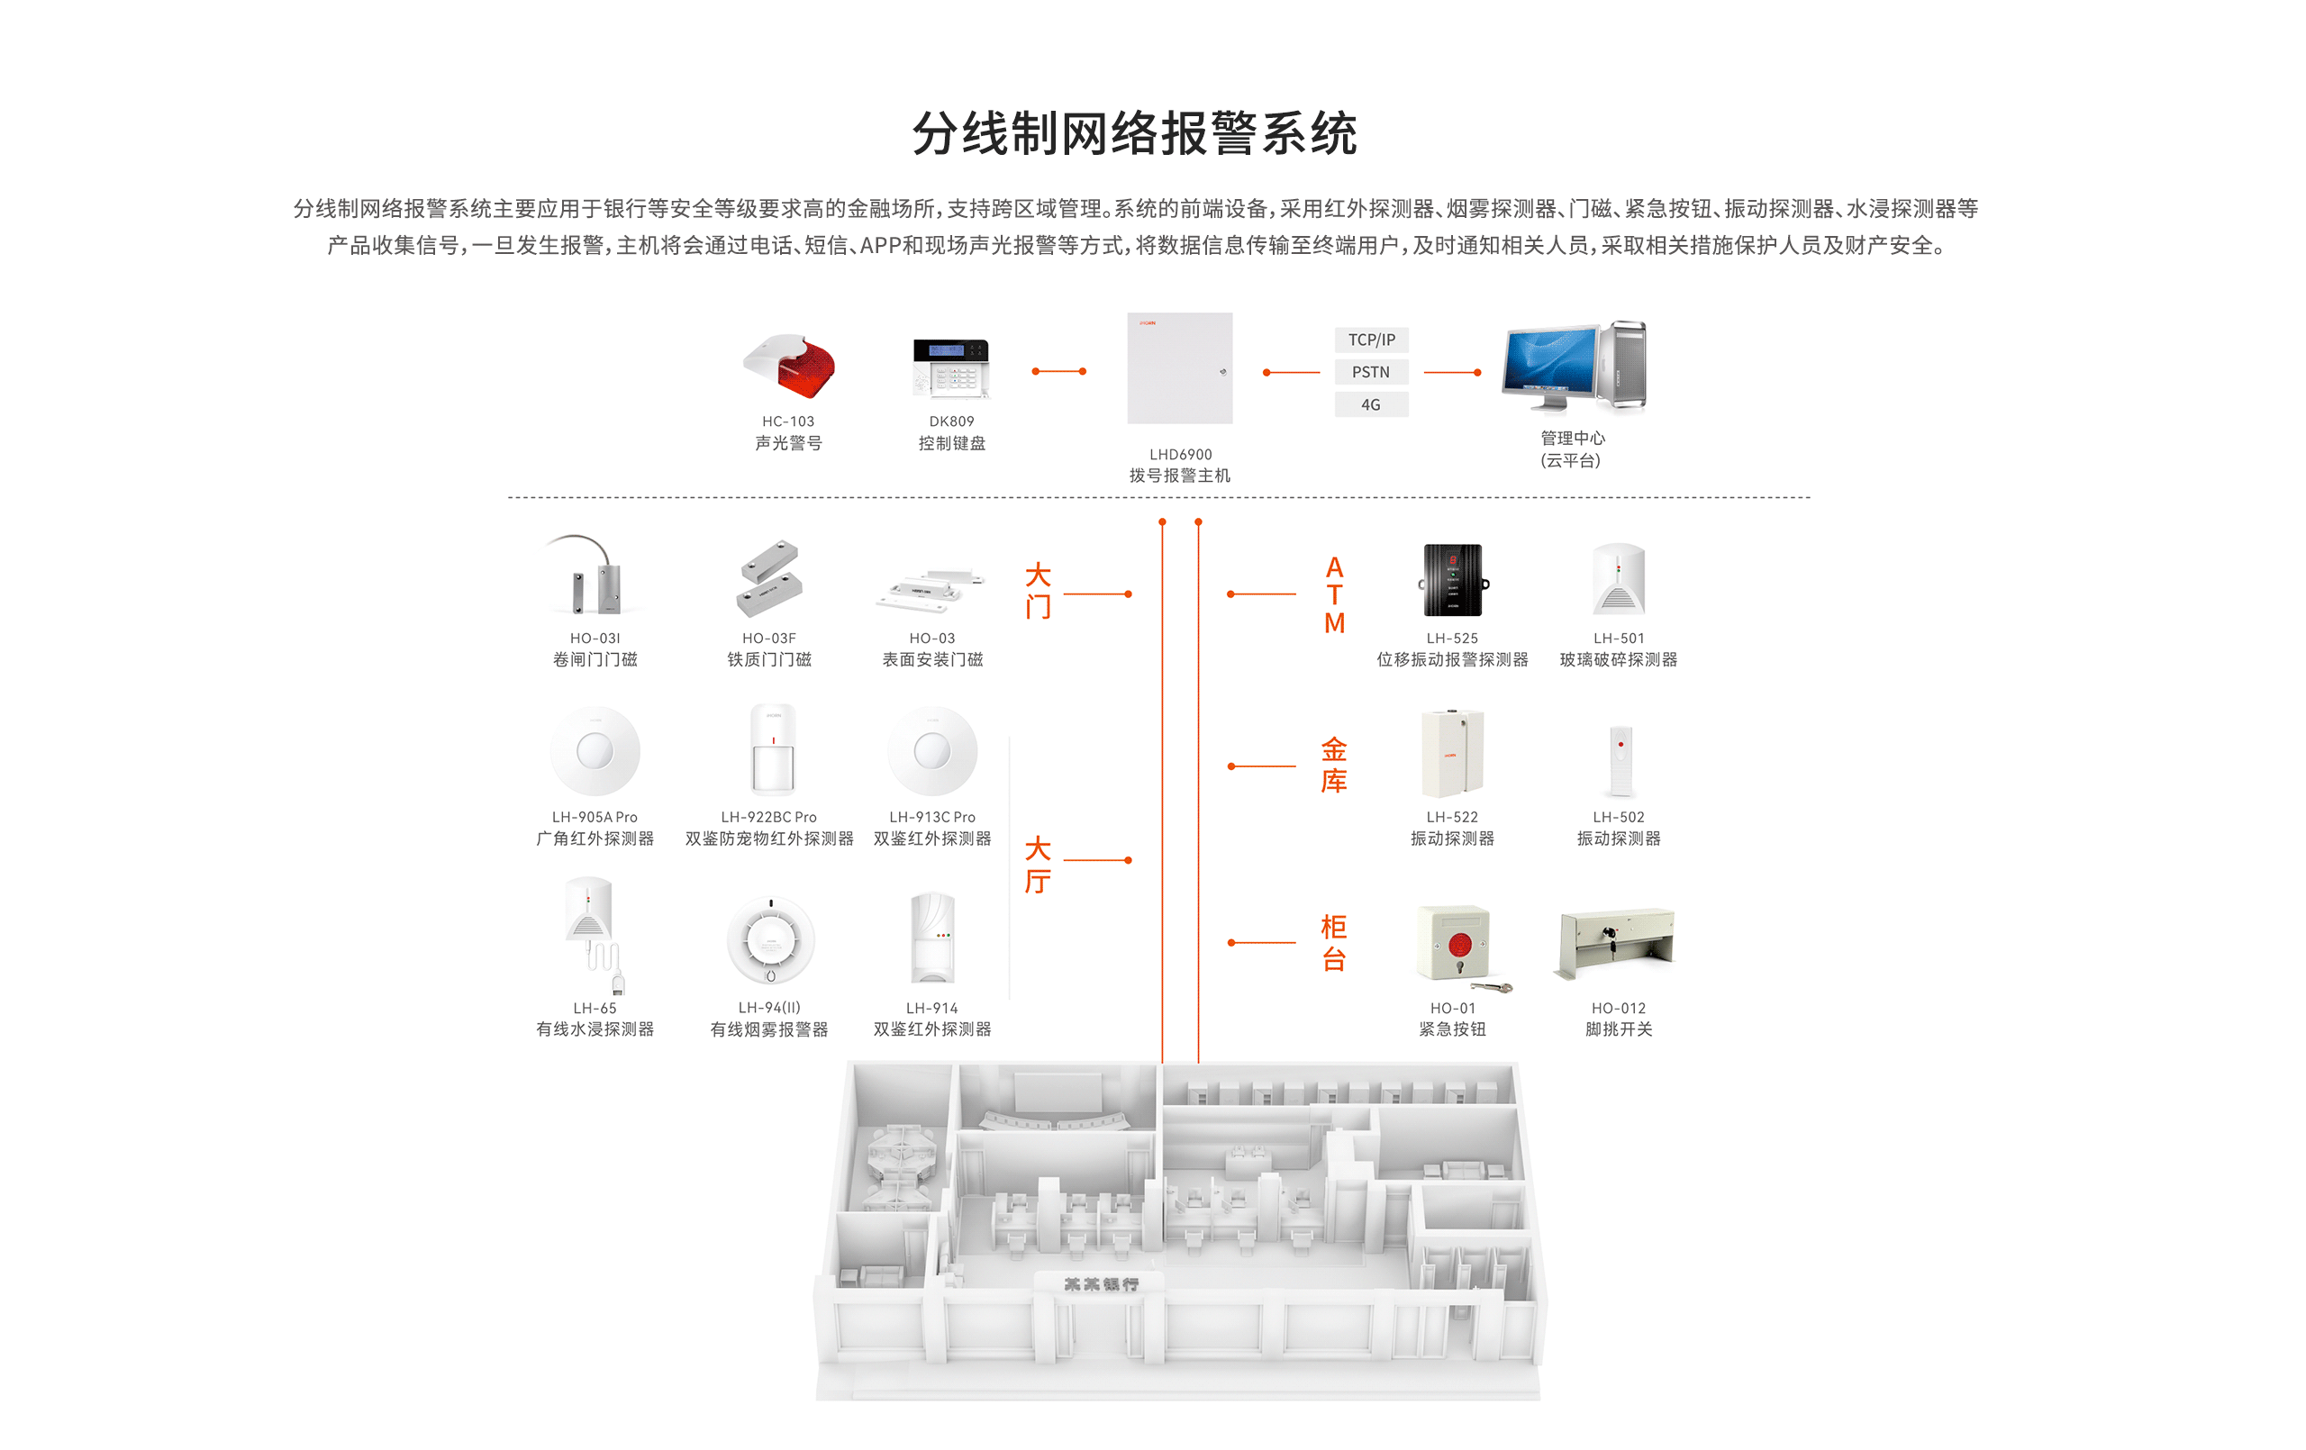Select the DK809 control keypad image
click(x=950, y=367)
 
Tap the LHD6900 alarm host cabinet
click(x=1179, y=368)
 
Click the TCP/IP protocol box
click(x=1371, y=340)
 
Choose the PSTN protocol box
click(x=1371, y=373)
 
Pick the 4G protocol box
click(x=1371, y=405)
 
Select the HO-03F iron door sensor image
click(x=769, y=577)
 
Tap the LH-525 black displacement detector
click(x=1453, y=580)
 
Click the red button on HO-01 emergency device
click(x=1459, y=945)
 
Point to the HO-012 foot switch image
click(x=1618, y=942)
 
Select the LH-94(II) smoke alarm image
click(x=770, y=940)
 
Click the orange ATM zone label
click(x=1334, y=594)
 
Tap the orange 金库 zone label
click(x=1334, y=766)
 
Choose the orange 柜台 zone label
click(x=1334, y=942)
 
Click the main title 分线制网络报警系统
click(x=1135, y=133)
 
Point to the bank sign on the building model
click(x=1102, y=1284)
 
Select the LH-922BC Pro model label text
click(x=769, y=817)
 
